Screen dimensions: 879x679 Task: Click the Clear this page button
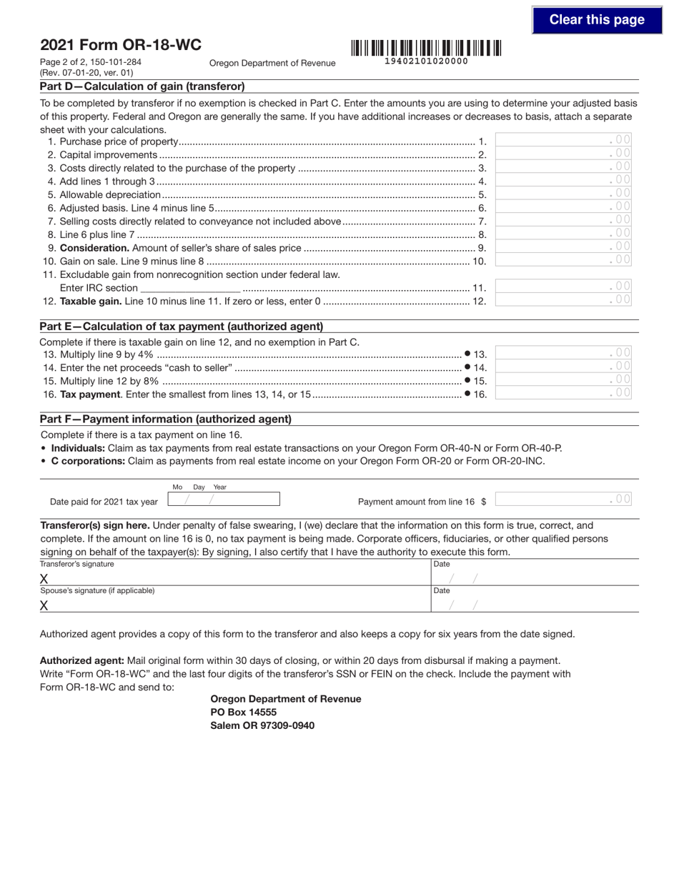tap(597, 20)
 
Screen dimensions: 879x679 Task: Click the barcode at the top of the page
tap(426, 48)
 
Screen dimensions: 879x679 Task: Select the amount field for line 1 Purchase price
tap(563, 140)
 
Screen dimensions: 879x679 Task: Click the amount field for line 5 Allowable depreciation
tap(563, 194)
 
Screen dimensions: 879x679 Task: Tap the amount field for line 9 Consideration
tap(563, 247)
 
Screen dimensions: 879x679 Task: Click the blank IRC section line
tap(190, 288)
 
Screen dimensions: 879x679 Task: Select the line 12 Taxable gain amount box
tap(563, 300)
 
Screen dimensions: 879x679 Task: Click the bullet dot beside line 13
tap(467, 353)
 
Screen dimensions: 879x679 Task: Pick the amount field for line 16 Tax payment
tap(563, 392)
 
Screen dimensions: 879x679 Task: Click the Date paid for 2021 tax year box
tap(223, 500)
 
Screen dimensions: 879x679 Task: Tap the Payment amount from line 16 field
tap(563, 500)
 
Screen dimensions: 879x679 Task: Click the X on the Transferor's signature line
tap(44, 579)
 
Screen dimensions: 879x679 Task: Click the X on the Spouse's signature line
tap(44, 606)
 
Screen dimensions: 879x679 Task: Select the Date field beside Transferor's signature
tap(535, 578)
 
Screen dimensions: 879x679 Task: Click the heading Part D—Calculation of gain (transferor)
tap(143, 86)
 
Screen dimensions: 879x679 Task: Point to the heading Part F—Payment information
tap(166, 419)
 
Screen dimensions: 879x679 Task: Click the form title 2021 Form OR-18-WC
tap(121, 45)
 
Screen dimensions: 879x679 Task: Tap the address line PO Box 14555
tap(244, 712)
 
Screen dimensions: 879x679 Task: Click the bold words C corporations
tap(88, 461)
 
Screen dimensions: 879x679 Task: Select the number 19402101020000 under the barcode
tap(426, 61)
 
